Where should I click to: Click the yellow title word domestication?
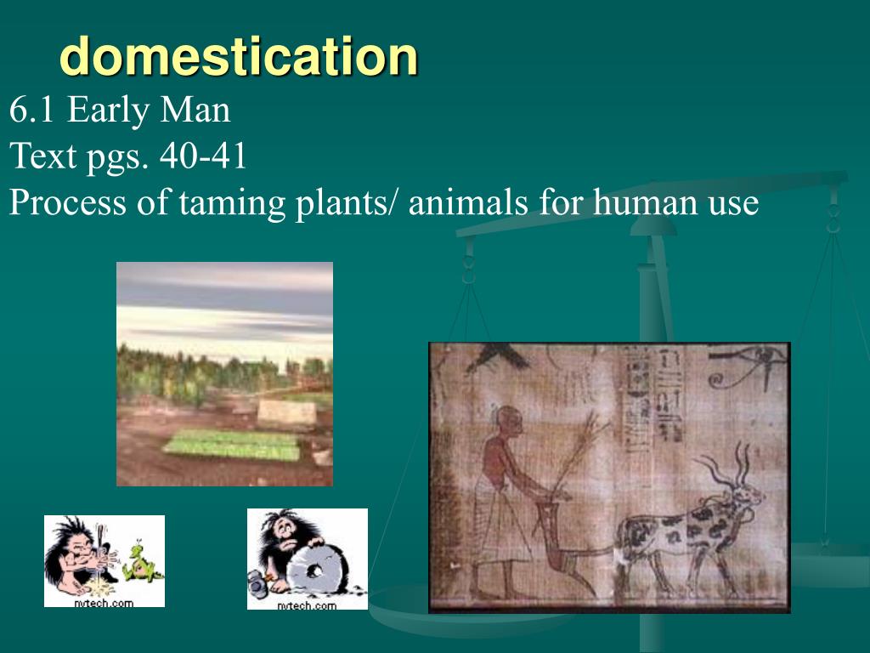[239, 57]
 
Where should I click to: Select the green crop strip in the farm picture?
[229, 444]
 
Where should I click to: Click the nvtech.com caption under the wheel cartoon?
[308, 605]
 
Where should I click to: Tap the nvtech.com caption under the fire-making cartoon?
[105, 602]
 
